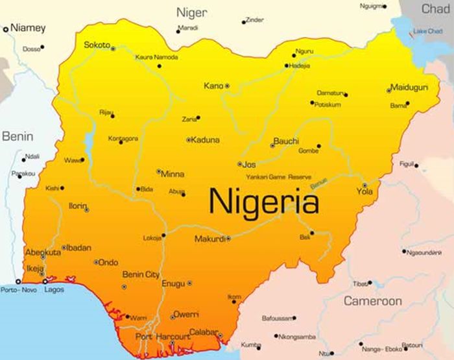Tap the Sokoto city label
(97, 45)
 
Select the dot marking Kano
(227, 86)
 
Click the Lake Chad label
(427, 30)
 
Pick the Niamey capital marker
(6, 29)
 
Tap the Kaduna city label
(206, 139)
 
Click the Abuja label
(176, 191)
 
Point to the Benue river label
(318, 184)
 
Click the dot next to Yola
(364, 185)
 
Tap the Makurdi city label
(209, 239)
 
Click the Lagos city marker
(44, 282)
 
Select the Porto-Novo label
(19, 289)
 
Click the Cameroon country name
(372, 301)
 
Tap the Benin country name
(18, 136)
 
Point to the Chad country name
(435, 8)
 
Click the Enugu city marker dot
(189, 283)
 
